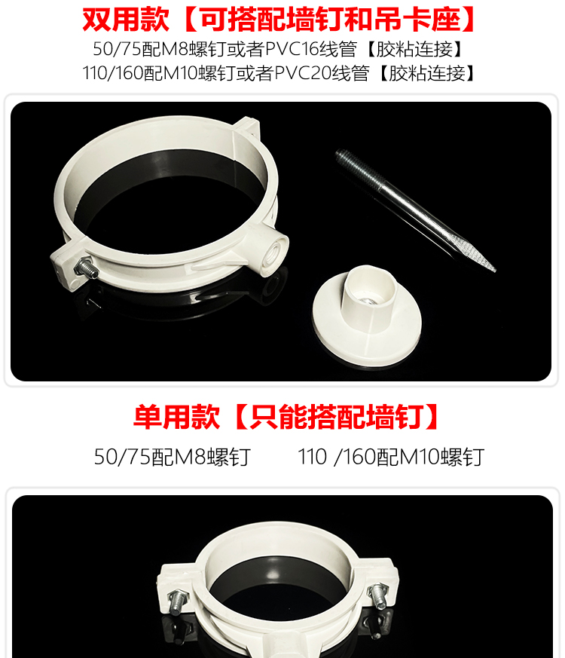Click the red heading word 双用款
pyautogui.click(x=125, y=19)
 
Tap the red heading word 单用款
pyautogui.click(x=176, y=416)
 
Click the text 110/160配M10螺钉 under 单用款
pyautogui.click(x=391, y=457)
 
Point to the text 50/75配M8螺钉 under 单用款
pyautogui.click(x=173, y=457)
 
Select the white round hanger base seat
pyautogui.click(x=367, y=316)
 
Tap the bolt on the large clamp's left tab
pyautogui.click(x=86, y=268)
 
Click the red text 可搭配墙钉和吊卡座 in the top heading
pyautogui.click(x=330, y=19)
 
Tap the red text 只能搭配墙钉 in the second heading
pyautogui.click(x=336, y=416)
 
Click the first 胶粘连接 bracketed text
pyautogui.click(x=415, y=49)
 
